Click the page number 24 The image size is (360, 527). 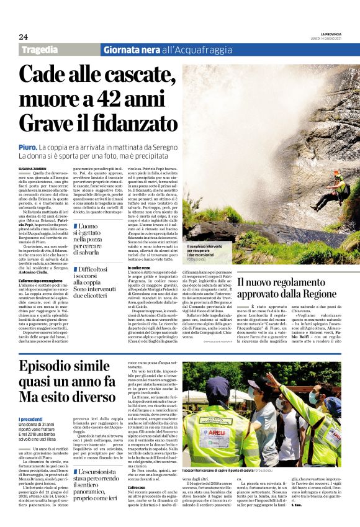click(x=23, y=37)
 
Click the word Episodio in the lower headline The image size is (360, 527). click(x=46, y=365)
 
